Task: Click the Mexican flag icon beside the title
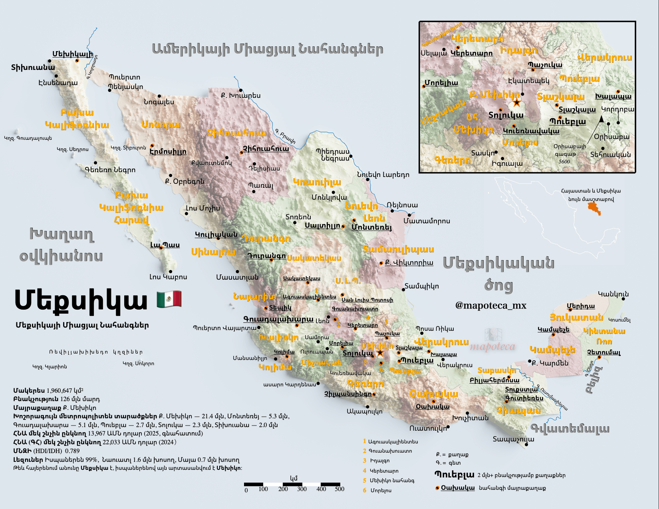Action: click(169, 299)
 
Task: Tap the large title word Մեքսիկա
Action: click(81, 300)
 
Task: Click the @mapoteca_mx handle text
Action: click(490, 306)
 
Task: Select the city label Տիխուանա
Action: click(33, 67)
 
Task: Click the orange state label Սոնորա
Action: click(161, 125)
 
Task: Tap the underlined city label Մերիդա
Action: click(581, 306)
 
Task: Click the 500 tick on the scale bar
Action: click(339, 489)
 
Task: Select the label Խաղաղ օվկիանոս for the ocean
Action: click(61, 245)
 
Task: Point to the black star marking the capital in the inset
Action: click(516, 103)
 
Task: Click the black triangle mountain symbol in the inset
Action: click(601, 119)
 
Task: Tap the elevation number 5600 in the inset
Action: click(564, 161)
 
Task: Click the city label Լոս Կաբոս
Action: click(168, 277)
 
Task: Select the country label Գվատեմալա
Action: click(570, 428)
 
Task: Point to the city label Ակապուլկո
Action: click(364, 411)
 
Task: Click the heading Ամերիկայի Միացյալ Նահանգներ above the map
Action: click(268, 49)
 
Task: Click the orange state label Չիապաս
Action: click(518, 410)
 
